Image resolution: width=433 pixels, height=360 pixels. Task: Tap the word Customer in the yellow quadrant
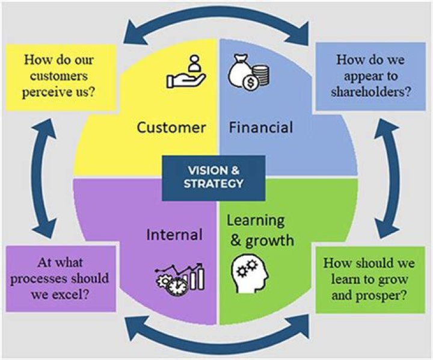[171, 128]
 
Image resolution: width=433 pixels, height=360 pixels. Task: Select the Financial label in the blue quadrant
[260, 128]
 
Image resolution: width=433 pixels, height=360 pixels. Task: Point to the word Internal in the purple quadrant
[174, 233]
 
